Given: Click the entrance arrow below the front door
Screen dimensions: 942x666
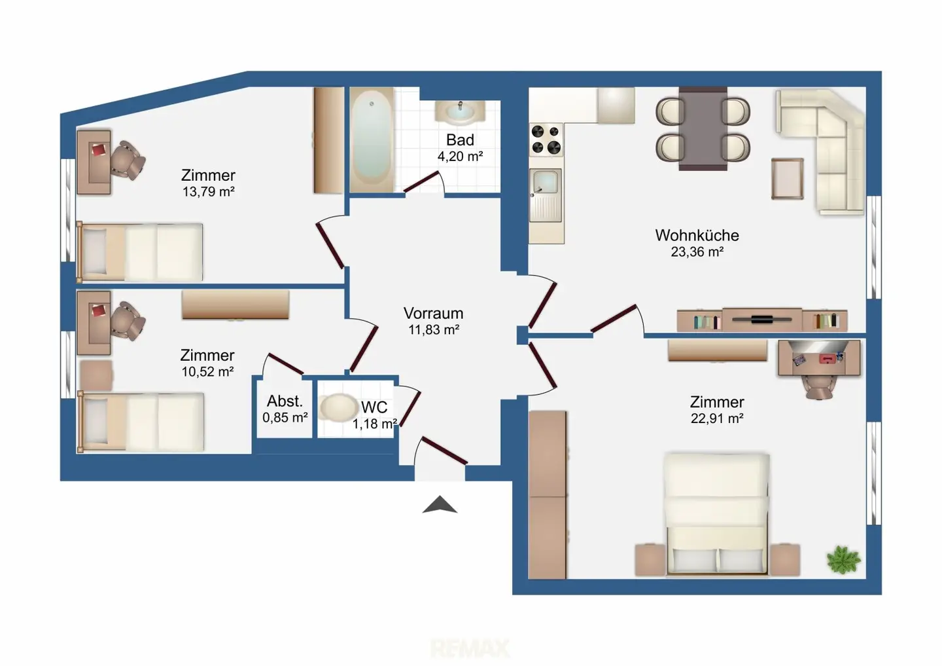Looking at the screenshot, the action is point(440,505).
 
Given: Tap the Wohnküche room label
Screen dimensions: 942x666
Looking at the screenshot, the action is point(697,235).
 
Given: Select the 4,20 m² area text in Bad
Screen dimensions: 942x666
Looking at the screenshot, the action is point(460,157).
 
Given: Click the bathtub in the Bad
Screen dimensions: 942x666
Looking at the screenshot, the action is point(372,139).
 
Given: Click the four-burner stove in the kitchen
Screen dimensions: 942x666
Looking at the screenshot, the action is point(546,139).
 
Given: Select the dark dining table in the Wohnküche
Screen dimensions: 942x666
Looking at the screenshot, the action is point(703,129).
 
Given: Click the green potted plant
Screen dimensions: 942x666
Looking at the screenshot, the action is point(844,559).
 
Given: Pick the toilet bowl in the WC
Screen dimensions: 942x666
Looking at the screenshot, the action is point(338,407).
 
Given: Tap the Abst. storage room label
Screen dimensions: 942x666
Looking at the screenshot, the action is point(285,401).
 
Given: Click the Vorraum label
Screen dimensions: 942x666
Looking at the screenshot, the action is point(433,313).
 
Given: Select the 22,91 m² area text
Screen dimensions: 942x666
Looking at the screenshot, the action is point(717,418).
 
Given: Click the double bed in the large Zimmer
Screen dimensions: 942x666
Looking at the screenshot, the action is point(717,514).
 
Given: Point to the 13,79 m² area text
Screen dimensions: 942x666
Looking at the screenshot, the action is point(208,192).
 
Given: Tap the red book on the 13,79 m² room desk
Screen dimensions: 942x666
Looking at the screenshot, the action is point(99,150).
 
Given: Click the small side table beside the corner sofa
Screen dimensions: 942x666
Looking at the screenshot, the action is point(787,179).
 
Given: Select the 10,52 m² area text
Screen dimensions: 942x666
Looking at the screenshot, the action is point(207,372).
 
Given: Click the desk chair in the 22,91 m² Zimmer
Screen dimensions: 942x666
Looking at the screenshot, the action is point(818,387).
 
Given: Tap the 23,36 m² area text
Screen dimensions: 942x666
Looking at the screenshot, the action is point(697,251).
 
